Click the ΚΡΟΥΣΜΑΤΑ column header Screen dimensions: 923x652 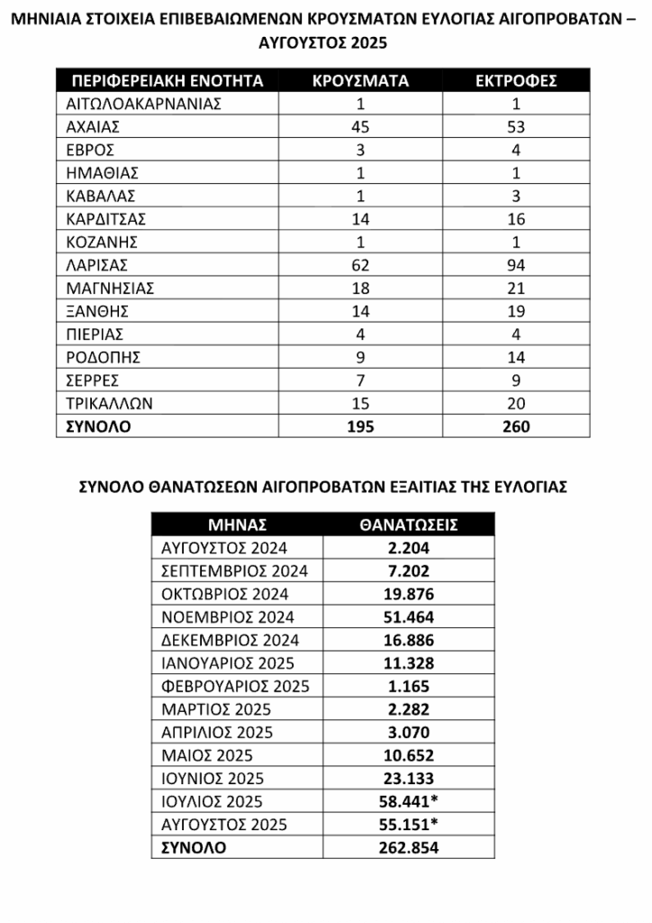pyautogui.click(x=360, y=80)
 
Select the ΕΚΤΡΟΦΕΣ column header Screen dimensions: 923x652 pyautogui.click(x=516, y=80)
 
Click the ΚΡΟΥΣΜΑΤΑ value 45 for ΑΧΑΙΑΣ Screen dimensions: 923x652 pyautogui.click(x=360, y=126)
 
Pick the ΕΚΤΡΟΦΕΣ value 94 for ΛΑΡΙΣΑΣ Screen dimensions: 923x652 pyautogui.click(x=516, y=265)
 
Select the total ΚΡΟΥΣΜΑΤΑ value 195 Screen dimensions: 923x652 pyautogui.click(x=360, y=426)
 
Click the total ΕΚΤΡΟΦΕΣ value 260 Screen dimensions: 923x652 pyautogui.click(x=516, y=426)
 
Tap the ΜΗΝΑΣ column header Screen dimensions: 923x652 pyautogui.click(x=238, y=524)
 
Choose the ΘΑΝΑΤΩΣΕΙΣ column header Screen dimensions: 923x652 pyautogui.click(x=409, y=524)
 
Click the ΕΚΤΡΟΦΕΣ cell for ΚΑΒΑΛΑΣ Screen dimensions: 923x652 pyautogui.click(x=516, y=196)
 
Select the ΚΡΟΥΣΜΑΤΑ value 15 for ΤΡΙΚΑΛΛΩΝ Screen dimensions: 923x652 pyautogui.click(x=360, y=403)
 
